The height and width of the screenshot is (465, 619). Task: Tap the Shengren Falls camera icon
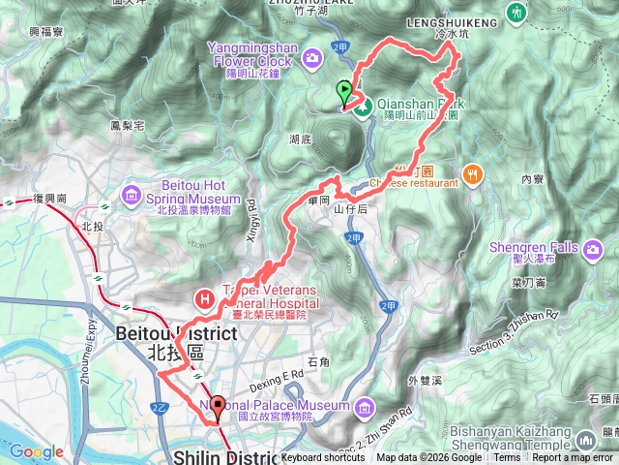tap(594, 249)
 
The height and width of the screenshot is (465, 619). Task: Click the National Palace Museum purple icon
tap(363, 405)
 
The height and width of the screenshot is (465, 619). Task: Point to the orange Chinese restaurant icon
tap(472, 174)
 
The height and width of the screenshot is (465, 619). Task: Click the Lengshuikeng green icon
tap(516, 13)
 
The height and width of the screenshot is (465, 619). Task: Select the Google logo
tap(36, 451)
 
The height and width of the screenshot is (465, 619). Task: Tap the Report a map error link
tap(573, 458)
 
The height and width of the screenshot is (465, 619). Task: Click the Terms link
tap(507, 458)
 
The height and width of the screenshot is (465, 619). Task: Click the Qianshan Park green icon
tap(365, 108)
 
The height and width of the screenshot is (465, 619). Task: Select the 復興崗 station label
tap(48, 198)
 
